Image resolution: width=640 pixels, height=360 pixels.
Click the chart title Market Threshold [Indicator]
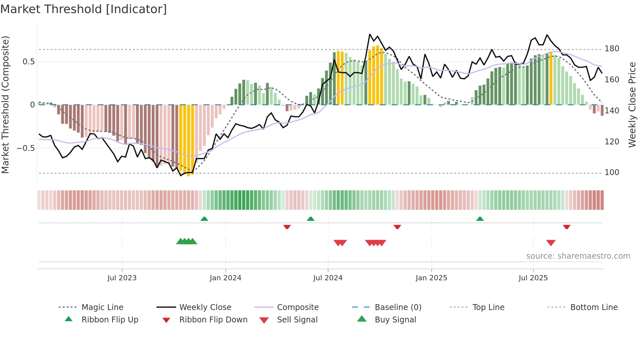point(84,9)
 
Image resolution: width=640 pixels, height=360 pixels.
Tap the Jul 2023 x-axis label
point(122,278)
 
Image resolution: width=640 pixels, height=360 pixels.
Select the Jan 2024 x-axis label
point(225,278)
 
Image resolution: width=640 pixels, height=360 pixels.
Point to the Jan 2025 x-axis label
point(431,278)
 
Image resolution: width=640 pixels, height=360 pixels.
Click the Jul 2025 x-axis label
point(533,278)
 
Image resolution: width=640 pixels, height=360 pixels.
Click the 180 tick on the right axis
point(612,49)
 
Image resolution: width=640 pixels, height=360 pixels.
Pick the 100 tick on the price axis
point(612,172)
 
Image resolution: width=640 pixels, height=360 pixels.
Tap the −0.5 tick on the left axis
point(25,148)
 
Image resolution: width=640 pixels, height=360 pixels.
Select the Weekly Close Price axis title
point(632,105)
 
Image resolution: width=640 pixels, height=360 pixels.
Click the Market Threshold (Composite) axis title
point(5,105)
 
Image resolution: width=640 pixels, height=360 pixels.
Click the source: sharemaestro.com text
point(578,256)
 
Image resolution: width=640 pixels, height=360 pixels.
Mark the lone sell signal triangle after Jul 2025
point(551,243)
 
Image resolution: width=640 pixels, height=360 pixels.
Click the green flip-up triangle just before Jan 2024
point(204,219)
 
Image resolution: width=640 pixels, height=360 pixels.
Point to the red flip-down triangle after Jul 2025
point(567,227)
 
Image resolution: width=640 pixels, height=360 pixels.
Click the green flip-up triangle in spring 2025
point(480,219)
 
